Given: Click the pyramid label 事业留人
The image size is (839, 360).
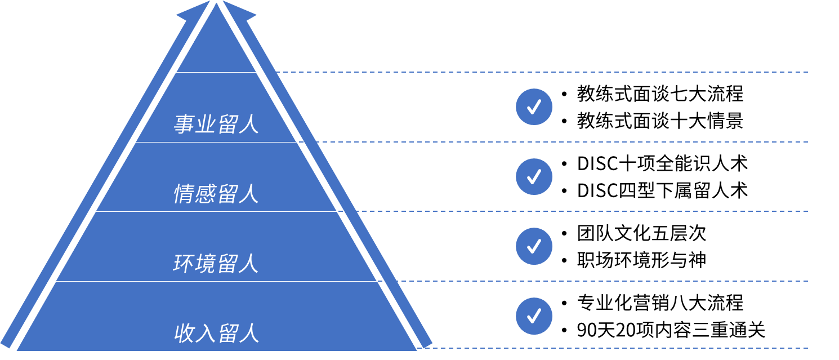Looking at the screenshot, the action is coord(216,125).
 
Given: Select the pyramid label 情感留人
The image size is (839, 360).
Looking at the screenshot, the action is coord(216,194).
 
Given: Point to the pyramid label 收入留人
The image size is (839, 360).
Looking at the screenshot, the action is coord(216,333).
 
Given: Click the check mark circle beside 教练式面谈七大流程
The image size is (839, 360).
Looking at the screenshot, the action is coord(534,107).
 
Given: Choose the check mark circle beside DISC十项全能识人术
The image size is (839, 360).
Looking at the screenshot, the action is coord(534,176).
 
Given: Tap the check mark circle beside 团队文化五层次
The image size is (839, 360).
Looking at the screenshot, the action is coord(534,246).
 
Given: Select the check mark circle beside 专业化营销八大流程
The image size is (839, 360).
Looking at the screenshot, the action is coord(534,316).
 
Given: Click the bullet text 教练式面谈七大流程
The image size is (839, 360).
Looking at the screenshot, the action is coord(660,94).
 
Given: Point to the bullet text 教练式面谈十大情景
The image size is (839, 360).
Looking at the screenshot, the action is coord(660,121).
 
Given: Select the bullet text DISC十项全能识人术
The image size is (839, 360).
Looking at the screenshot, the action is coord(662,163).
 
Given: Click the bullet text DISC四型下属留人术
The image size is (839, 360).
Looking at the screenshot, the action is coord(662,190).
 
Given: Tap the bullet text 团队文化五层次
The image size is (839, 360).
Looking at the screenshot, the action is coord(641,233).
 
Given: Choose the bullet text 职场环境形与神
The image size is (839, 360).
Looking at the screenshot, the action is coord(641,260).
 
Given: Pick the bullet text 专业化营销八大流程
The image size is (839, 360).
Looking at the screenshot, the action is coord(660,303).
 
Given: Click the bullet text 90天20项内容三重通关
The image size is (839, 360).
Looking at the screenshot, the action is coord(671,330).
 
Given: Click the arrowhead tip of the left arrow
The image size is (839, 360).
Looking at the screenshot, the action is coord(209,1).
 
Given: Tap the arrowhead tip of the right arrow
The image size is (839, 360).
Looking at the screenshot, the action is coord(223,1).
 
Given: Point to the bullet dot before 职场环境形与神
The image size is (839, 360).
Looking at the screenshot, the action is coord(564,261).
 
